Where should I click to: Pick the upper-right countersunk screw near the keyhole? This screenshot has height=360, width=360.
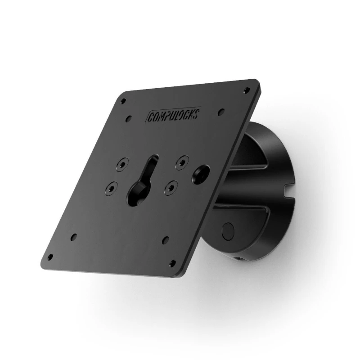pyautogui.click(x=181, y=160)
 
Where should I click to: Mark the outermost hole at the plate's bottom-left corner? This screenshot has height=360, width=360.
pyautogui.click(x=49, y=256)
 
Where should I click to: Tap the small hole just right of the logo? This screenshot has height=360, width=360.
pyautogui.click(x=220, y=111)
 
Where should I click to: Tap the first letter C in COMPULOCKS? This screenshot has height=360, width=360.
pyautogui.click(x=150, y=119)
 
